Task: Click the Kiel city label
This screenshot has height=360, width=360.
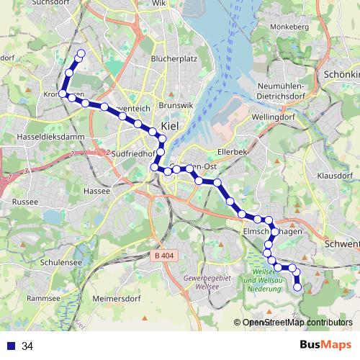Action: point(170,126)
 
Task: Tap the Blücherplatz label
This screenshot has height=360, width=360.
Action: point(170,59)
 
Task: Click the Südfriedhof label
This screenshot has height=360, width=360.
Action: point(134,153)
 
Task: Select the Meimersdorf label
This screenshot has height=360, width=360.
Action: point(120,297)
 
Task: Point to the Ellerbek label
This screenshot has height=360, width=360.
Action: point(233,153)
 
